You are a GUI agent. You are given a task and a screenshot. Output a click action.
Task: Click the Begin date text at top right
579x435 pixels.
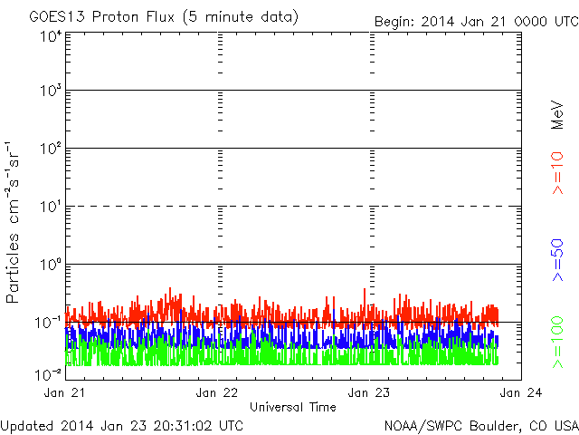477,22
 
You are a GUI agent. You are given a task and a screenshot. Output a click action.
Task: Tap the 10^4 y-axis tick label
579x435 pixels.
51,37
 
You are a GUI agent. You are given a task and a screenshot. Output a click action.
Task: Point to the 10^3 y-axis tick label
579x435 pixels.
51,91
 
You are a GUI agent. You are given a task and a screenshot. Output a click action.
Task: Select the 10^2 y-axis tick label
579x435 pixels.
51,149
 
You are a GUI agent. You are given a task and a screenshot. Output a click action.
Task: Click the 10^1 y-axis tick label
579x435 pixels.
51,207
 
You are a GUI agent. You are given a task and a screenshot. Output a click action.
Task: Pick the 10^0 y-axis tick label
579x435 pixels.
51,265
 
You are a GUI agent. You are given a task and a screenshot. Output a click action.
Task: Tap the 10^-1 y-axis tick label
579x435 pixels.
48,323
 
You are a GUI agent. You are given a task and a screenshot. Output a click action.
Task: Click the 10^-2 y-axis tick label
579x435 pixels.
48,374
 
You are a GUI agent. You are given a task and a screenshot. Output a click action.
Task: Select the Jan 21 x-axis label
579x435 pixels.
64,392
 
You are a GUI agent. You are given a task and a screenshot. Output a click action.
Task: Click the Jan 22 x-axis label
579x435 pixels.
217,392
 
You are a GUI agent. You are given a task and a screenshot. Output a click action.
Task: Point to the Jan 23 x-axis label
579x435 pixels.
369,392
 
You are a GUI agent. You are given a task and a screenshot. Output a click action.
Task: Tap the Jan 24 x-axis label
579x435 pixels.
521,392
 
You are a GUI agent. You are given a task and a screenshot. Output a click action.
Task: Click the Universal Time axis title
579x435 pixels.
293,407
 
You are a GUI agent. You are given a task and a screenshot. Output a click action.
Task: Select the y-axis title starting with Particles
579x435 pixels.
12,222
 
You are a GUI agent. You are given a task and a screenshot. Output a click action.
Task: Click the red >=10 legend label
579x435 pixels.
557,173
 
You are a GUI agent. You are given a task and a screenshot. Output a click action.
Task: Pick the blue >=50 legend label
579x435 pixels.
557,260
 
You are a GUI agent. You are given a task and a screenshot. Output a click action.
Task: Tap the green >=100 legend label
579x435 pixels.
557,343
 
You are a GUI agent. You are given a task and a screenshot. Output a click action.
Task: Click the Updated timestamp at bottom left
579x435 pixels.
122,426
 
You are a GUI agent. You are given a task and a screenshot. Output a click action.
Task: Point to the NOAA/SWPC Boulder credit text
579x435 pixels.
481,426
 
